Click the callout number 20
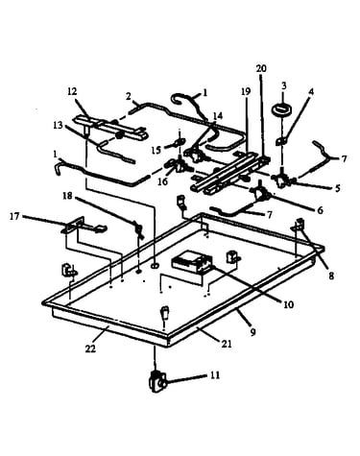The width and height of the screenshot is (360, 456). click(261, 68)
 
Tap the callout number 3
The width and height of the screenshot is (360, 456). click(284, 85)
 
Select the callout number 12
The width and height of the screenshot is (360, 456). click(72, 91)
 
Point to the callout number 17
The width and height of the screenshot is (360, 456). click(14, 217)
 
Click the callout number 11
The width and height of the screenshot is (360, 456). click(215, 374)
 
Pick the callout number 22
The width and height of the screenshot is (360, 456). click(90, 348)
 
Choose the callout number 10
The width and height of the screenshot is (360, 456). click(288, 304)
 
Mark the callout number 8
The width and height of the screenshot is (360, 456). click(331, 276)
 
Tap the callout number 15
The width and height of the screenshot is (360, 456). click(156, 150)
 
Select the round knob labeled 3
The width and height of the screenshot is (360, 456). click(281, 108)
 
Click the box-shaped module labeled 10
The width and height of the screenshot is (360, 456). click(192, 262)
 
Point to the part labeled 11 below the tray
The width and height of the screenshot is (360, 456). click(157, 381)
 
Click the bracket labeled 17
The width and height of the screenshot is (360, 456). click(84, 226)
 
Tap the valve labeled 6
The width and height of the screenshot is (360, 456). click(261, 193)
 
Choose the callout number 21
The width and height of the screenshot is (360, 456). click(227, 344)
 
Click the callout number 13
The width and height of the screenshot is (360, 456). click(58, 125)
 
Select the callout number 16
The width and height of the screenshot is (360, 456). click(163, 181)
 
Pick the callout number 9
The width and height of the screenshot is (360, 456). click(252, 332)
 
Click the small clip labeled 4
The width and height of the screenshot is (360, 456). click(280, 140)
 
